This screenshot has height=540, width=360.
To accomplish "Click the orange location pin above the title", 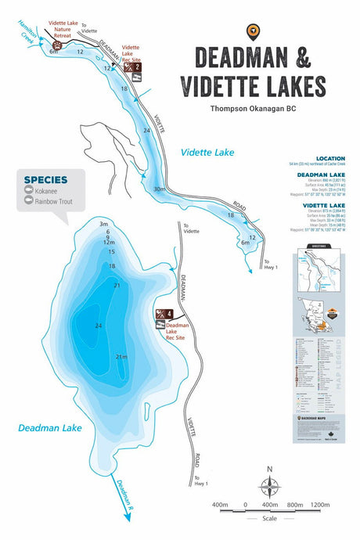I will pos(253,31).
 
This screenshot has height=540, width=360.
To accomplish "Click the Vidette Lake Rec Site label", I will pos(131,52).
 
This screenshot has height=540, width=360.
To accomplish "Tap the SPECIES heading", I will pos(45,179).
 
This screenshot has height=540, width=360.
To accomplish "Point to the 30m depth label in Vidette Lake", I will pos(160,189).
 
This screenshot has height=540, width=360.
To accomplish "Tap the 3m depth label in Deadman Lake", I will pos(103,224).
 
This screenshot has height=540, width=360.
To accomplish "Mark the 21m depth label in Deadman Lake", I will pos(121,357).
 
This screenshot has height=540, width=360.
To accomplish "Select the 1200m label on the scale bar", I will pos(320,504).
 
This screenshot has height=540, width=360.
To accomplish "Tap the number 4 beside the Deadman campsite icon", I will pos(170,314).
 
